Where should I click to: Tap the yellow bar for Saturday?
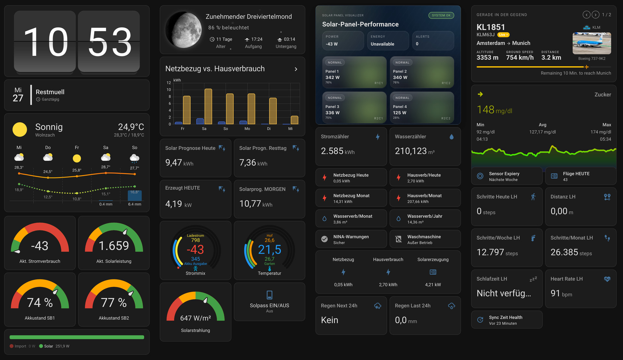(208, 106)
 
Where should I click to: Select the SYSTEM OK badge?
(441, 15)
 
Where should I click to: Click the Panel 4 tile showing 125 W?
(421, 107)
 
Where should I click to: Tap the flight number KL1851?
(491, 27)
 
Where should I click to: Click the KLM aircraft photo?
(592, 43)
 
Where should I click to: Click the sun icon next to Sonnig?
(19, 130)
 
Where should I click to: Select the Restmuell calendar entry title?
(50, 92)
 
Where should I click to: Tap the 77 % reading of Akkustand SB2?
(114, 303)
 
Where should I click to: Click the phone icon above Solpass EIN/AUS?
(269, 295)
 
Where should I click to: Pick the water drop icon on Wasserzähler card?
(451, 137)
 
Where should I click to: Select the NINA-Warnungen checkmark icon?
(324, 239)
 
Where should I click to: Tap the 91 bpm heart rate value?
(561, 293)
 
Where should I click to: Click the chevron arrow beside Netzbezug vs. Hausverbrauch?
(296, 69)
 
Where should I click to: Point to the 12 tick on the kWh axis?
(169, 83)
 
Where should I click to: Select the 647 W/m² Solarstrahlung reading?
(195, 318)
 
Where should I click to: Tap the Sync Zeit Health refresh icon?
(480, 320)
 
